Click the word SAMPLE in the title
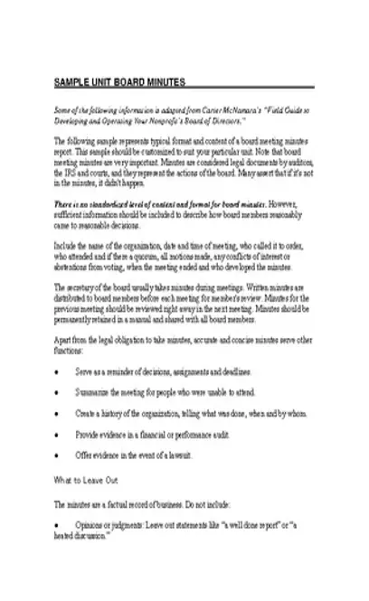tap(72, 82)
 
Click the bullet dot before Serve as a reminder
tap(58, 371)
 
